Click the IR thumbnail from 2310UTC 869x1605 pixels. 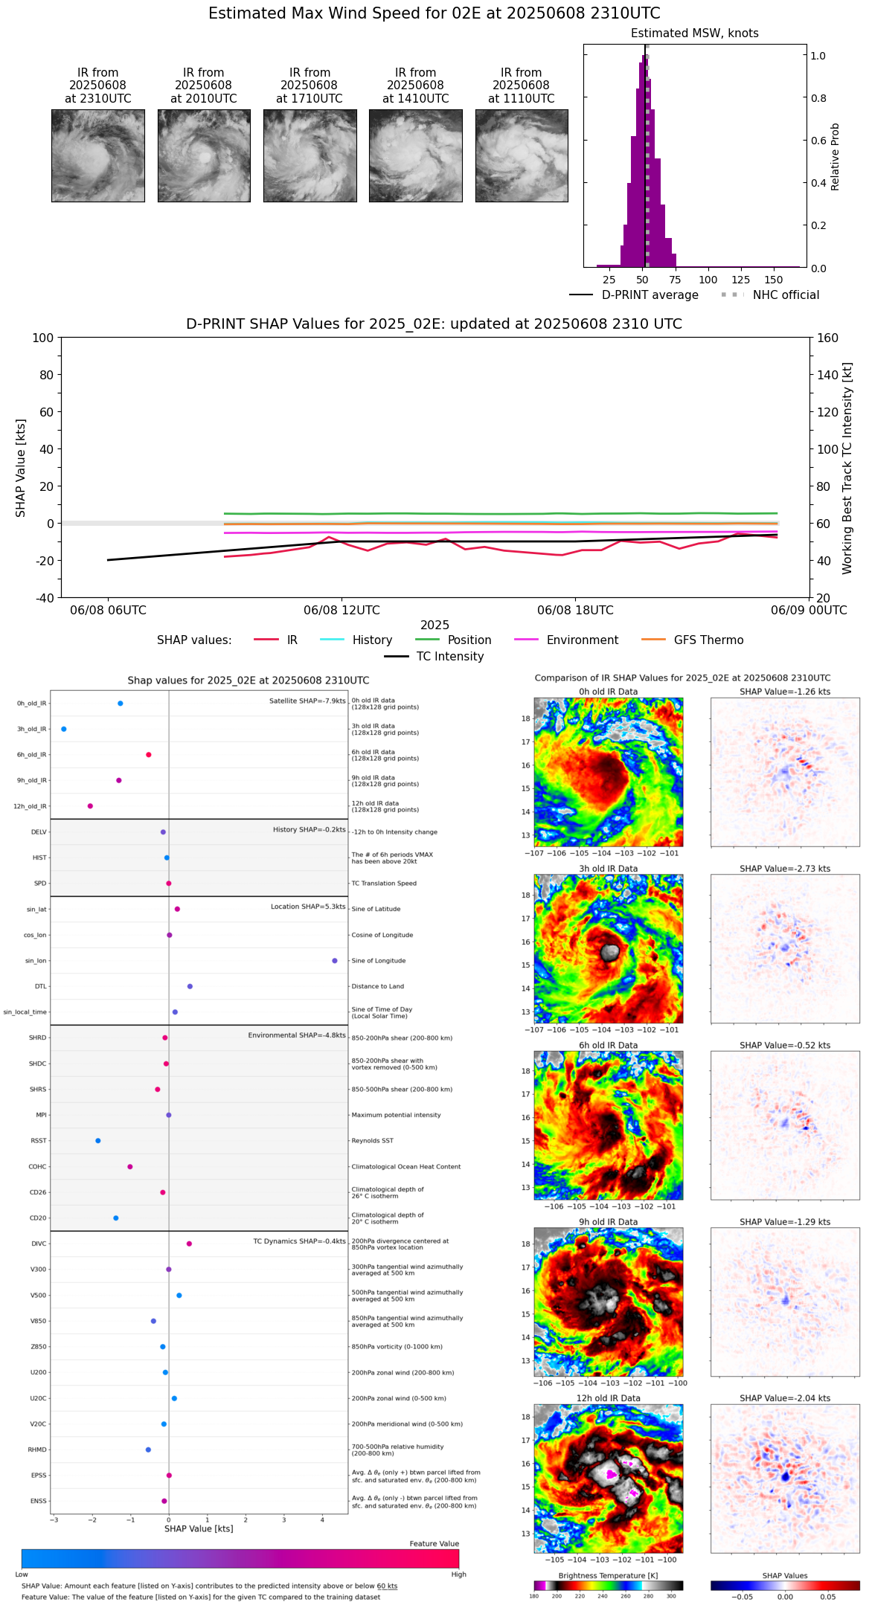point(97,155)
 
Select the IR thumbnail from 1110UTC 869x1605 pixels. point(522,155)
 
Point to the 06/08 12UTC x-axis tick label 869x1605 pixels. point(341,611)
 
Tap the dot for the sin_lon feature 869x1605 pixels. point(335,961)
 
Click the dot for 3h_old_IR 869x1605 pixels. point(64,729)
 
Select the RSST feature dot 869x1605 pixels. point(97,1141)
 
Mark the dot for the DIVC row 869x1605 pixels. point(189,1244)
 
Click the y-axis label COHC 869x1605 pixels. point(37,1167)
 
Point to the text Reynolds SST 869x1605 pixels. point(372,1141)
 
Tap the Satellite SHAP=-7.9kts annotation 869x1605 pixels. point(307,701)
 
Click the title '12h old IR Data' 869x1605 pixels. point(608,1398)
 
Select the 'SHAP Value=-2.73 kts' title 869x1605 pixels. point(785,869)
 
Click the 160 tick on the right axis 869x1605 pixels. point(827,338)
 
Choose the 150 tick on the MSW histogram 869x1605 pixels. point(774,280)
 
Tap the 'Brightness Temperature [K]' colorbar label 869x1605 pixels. point(608,1575)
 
